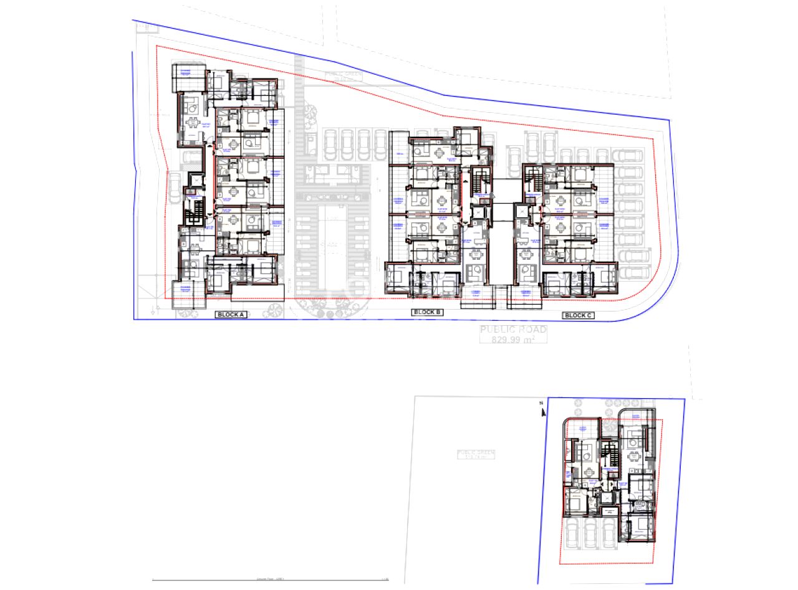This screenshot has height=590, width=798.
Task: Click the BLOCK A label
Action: tap(231, 315)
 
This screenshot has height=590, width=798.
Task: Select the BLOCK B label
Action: tap(427, 312)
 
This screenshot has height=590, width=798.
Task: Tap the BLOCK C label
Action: tap(578, 315)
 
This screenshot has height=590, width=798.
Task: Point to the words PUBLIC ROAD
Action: tap(512, 330)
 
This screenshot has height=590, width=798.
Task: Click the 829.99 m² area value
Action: tap(512, 340)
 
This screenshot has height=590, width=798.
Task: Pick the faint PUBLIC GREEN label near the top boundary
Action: tap(343, 75)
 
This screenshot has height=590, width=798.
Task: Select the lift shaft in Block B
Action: tap(478, 211)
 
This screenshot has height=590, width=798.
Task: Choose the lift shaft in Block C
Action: tap(521, 212)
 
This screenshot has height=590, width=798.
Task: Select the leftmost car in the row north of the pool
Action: tap(331, 144)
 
